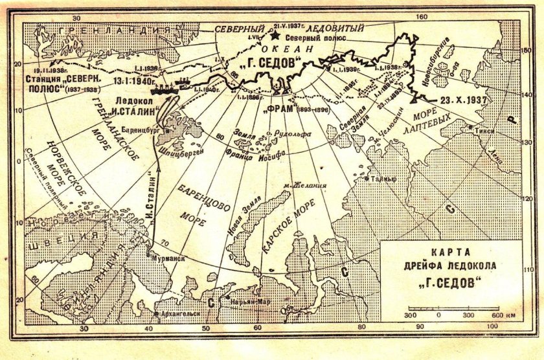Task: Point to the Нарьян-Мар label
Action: [246, 301]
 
